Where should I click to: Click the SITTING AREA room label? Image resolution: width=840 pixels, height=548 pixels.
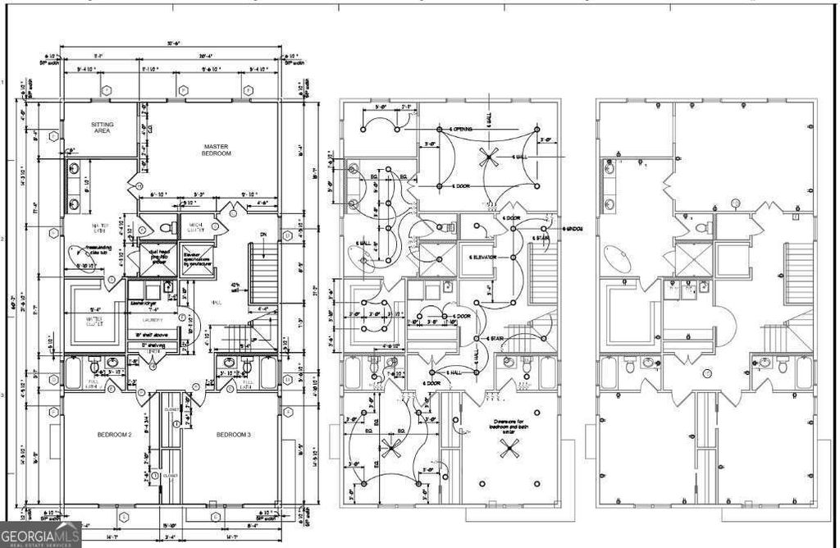(x=103, y=127)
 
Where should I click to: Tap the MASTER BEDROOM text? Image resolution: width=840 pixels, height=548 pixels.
(x=217, y=150)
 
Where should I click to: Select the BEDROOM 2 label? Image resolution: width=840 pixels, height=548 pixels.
(x=116, y=434)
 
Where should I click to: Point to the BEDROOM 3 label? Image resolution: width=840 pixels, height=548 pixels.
(x=235, y=434)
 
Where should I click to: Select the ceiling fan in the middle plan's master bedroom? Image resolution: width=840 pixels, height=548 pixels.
(x=490, y=155)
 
